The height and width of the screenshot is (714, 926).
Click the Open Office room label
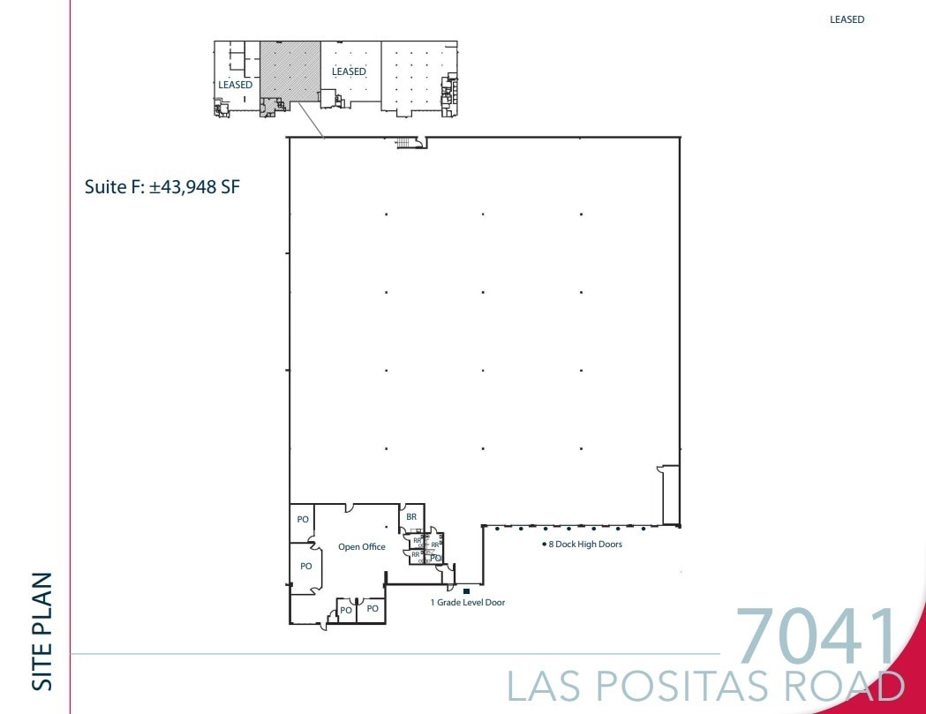click(361, 547)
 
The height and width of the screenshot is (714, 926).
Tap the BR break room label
click(411, 517)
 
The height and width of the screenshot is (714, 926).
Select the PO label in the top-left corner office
click(303, 520)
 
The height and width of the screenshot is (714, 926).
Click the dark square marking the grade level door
click(466, 590)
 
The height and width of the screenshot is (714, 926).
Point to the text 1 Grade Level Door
click(468, 603)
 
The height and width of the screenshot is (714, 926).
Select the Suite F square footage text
click(162, 187)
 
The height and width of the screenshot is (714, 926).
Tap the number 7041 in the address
click(815, 636)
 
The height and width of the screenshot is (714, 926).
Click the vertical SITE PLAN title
click(41, 631)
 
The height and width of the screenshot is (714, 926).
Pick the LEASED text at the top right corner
click(847, 19)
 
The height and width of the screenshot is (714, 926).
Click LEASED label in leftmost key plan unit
click(235, 85)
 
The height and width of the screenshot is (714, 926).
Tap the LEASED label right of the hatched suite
click(349, 71)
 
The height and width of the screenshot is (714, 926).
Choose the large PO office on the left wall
click(305, 567)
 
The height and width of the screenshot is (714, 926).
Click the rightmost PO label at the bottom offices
click(373, 609)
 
